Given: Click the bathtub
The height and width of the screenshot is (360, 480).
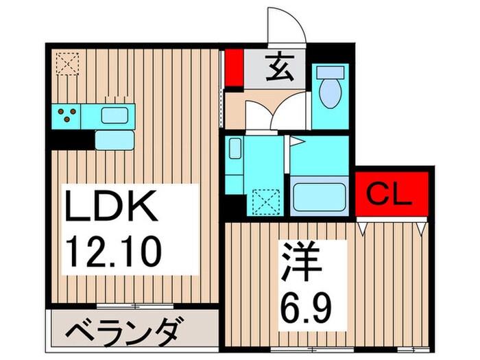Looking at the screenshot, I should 320,195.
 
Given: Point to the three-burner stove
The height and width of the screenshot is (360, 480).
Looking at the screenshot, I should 67,115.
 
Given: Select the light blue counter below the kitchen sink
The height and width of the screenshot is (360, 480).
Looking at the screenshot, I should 114,139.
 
